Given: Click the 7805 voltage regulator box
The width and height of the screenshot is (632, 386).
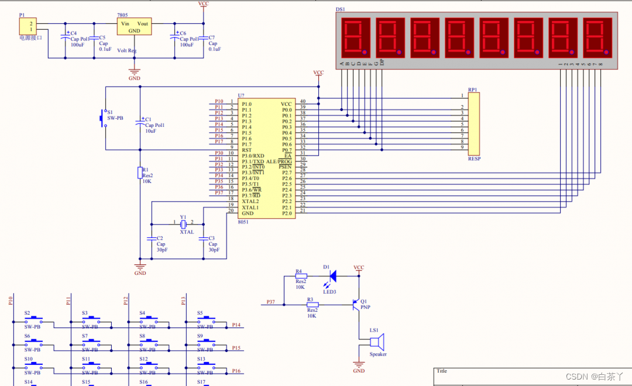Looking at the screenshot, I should tap(134, 27).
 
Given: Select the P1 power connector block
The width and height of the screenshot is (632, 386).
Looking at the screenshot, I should tap(28, 26).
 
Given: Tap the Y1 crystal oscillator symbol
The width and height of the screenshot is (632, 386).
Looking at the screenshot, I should tap(183, 224).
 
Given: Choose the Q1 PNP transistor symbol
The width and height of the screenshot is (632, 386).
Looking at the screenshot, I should tap(355, 305).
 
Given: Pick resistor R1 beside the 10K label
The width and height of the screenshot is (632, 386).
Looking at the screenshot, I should tap(140, 173).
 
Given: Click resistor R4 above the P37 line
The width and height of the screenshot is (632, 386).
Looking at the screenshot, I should tap(301, 277).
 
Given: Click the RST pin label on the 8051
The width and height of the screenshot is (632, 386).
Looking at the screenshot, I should tap(247, 150).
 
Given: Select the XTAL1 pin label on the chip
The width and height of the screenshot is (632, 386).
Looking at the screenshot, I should tap(250, 208).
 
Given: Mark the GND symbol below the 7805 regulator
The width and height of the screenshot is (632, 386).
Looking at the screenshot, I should tap(134, 74).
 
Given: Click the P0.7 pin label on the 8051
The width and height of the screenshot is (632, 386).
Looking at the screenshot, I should tap(286, 150).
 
